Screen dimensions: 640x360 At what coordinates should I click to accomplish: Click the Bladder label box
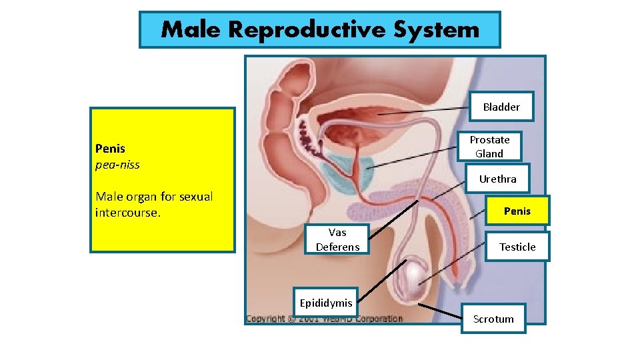[501, 107]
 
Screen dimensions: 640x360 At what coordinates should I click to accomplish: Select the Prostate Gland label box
[489, 147]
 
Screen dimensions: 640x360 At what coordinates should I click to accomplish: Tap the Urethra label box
[497, 179]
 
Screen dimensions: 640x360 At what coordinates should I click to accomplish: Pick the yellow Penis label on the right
[517, 211]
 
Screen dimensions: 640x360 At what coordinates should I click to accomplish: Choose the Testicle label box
[517, 247]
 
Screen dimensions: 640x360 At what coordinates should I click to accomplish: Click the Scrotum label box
[493, 319]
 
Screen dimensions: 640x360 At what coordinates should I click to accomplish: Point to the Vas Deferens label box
[337, 240]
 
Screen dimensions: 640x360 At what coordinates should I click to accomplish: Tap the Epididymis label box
[326, 303]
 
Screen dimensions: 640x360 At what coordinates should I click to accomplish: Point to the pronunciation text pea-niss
[117, 164]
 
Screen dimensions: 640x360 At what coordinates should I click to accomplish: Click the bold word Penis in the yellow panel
[110, 148]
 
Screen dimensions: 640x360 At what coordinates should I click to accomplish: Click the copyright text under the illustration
[324, 319]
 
